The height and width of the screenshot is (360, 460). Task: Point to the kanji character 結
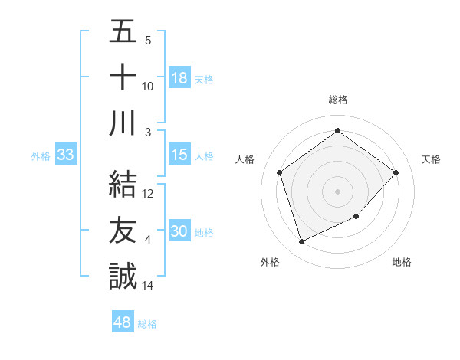tap(123, 185)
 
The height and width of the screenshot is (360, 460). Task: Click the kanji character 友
tap(123, 231)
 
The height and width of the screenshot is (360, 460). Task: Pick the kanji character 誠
tap(123, 277)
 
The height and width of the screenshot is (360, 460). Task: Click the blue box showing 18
tap(179, 78)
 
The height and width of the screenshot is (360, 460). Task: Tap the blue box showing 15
tap(179, 155)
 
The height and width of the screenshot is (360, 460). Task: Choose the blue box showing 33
tap(66, 155)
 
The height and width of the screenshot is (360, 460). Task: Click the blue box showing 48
tap(123, 322)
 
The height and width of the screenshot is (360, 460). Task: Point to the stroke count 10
tap(148, 87)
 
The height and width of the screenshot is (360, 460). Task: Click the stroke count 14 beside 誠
tap(148, 286)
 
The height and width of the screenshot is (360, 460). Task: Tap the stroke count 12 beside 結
tap(148, 194)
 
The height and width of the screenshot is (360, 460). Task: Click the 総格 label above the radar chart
tap(338, 100)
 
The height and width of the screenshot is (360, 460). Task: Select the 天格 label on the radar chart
tap(432, 159)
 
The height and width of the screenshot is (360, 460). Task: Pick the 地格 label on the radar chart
tap(402, 262)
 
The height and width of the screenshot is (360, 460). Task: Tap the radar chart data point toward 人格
tap(280, 172)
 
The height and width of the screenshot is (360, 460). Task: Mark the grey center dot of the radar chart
tap(338, 191)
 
